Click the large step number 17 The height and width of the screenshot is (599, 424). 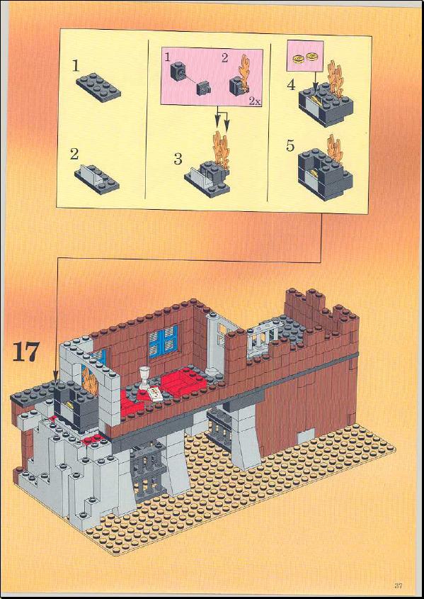(x=26, y=352)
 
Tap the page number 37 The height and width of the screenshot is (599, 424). (x=398, y=585)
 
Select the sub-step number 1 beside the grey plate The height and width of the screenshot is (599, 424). (x=76, y=67)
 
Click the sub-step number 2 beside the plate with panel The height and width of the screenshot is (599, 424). (x=74, y=155)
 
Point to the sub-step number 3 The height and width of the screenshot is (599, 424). (x=178, y=159)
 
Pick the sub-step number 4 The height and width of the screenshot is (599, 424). (x=291, y=84)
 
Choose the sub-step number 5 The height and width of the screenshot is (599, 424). (x=290, y=145)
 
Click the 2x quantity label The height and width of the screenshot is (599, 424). (x=255, y=101)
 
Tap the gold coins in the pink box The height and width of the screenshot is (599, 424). (x=304, y=57)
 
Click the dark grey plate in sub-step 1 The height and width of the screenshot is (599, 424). (x=98, y=88)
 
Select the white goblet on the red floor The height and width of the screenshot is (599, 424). (x=144, y=377)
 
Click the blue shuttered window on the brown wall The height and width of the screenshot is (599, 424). (x=164, y=341)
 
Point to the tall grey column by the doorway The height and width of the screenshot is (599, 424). (x=212, y=343)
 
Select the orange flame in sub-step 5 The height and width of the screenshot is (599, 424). (x=334, y=150)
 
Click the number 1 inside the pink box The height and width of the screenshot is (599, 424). (x=167, y=57)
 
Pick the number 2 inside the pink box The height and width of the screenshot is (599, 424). (x=224, y=57)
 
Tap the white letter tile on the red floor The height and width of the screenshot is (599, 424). (x=155, y=393)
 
